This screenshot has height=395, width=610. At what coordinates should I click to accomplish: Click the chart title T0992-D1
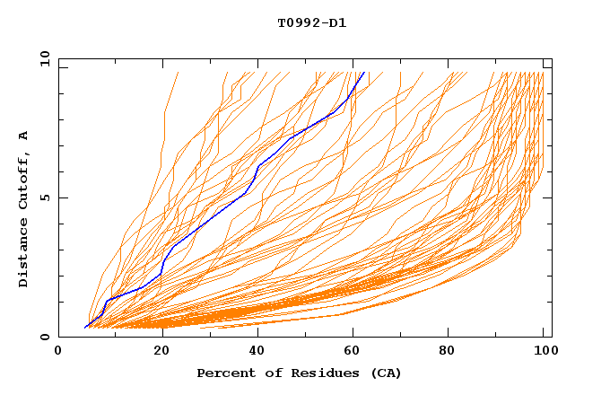[311, 22]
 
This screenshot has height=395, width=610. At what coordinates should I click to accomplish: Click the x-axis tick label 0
[58, 353]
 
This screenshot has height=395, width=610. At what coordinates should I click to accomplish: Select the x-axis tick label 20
[155, 353]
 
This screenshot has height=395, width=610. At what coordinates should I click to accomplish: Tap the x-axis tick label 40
[252, 353]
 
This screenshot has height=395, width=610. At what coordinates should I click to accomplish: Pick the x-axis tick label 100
[543, 353]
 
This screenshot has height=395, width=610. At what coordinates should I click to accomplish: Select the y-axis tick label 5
[48, 197]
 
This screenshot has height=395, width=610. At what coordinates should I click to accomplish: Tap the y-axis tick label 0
[48, 337]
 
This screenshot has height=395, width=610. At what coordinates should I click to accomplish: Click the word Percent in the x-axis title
[223, 373]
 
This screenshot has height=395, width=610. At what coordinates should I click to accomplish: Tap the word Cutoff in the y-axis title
[24, 180]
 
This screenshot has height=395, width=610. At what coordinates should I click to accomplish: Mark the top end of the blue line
[363, 74]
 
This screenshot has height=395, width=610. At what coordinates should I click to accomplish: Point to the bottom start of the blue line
[85, 328]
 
